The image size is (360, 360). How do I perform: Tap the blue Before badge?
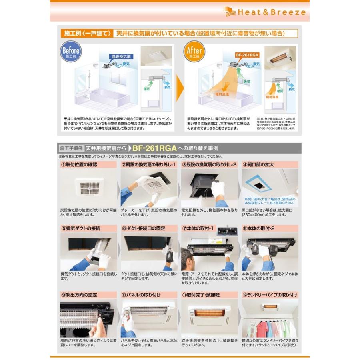pos(71,52)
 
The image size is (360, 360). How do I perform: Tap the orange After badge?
pos(195,52)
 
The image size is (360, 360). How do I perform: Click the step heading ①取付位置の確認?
pos(79,164)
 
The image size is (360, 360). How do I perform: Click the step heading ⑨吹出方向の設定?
pos(79,295)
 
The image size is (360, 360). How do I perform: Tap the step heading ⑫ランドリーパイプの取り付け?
pos(270,295)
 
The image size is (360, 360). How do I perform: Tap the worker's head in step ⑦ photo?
pos(187,258)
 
